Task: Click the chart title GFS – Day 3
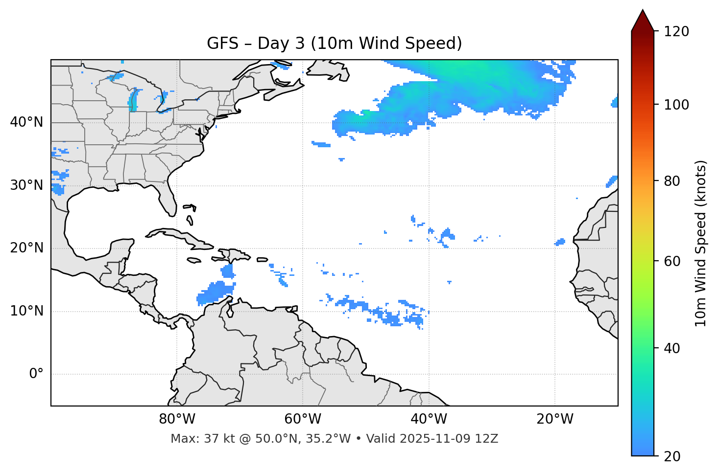click(x=334, y=44)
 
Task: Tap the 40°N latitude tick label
click(x=26, y=122)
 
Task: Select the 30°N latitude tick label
click(x=26, y=185)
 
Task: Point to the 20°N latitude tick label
click(x=26, y=248)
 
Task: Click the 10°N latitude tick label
click(x=26, y=311)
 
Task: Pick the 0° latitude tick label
click(x=36, y=374)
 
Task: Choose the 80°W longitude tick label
click(x=177, y=419)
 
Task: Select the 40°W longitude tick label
click(x=429, y=419)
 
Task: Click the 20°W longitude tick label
click(x=554, y=419)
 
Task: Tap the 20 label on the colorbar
click(x=672, y=456)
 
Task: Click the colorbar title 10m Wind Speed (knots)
click(x=701, y=243)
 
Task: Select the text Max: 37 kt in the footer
click(x=192, y=439)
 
